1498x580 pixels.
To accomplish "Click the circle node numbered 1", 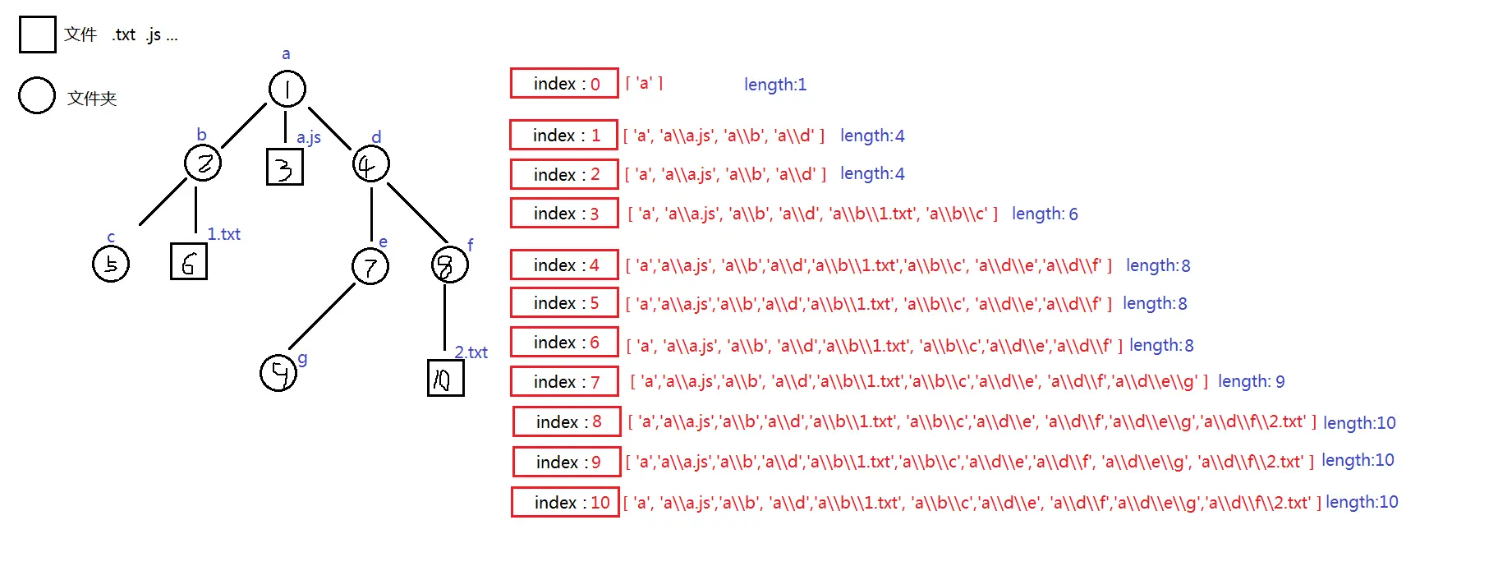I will pyautogui.click(x=287, y=89).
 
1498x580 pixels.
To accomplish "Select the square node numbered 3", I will pyautogui.click(x=285, y=167).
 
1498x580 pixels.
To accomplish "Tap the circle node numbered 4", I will pyautogui.click(x=370, y=164).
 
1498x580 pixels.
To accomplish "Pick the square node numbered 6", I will pyautogui.click(x=189, y=262).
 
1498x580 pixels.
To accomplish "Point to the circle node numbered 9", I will pyautogui.click(x=278, y=373).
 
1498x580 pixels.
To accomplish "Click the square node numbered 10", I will pyautogui.click(x=446, y=378).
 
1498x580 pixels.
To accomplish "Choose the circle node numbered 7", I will pyautogui.click(x=370, y=266).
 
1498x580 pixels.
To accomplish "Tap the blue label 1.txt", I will pyautogui.click(x=223, y=234).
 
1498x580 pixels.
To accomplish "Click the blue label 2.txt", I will pyautogui.click(x=471, y=352).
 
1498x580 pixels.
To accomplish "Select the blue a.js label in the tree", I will pyautogui.click(x=309, y=137).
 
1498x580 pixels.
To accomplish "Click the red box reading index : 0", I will pyautogui.click(x=564, y=83).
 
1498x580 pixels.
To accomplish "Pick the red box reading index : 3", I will pyautogui.click(x=564, y=213).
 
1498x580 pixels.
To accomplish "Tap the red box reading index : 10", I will pyautogui.click(x=565, y=502).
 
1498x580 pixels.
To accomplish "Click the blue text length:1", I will pyautogui.click(x=775, y=85).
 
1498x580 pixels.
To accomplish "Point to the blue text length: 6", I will pyautogui.click(x=1045, y=214).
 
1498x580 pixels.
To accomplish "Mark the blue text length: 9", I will pyautogui.click(x=1251, y=381).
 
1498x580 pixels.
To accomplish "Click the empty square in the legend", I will pyautogui.click(x=38, y=35).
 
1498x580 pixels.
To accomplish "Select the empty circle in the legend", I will pyautogui.click(x=37, y=96).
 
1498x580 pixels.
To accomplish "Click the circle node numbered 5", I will pyautogui.click(x=111, y=264).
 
